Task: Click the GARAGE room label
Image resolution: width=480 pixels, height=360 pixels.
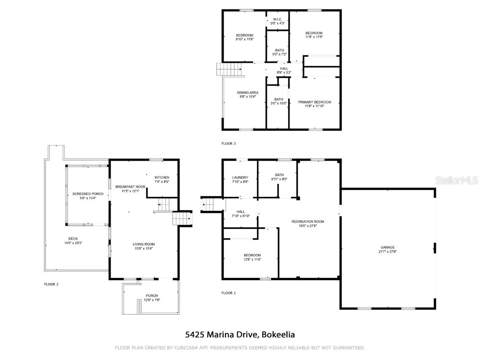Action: [388, 247]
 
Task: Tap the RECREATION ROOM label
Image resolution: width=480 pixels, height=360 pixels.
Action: [307, 221]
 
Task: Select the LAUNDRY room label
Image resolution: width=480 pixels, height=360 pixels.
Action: [240, 177]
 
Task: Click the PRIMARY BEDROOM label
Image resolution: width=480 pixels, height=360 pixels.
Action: [315, 102]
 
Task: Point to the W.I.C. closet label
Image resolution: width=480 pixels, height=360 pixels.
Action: [277, 19]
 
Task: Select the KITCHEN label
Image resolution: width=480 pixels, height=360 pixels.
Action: [162, 177]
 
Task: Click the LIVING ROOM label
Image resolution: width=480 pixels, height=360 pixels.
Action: [143, 244]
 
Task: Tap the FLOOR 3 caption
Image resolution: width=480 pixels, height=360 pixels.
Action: [228, 143]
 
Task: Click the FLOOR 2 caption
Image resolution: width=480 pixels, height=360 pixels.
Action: [51, 284]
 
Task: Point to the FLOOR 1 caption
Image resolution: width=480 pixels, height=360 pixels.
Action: [228, 293]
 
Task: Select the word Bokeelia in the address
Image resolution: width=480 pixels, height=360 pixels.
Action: [278, 335]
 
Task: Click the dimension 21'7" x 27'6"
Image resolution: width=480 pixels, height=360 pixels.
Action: [388, 252]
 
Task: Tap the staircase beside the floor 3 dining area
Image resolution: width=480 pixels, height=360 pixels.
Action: [230, 69]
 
